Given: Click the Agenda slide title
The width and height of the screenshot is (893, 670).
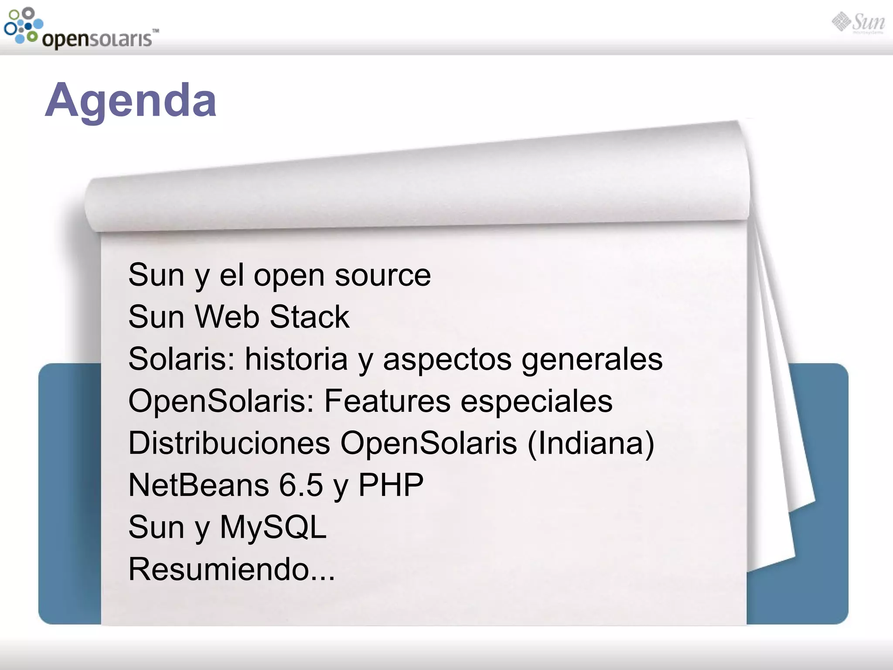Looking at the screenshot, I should (x=131, y=101).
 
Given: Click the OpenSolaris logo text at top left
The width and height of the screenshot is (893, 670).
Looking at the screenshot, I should (x=97, y=39).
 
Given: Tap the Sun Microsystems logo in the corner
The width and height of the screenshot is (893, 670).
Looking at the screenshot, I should (x=858, y=23).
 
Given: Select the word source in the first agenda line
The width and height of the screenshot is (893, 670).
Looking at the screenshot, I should (x=382, y=276).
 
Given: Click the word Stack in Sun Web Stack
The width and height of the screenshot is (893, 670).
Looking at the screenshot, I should (x=309, y=317).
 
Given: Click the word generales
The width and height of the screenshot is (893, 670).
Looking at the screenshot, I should (x=592, y=360).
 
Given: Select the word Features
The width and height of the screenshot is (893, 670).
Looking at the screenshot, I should (x=387, y=401).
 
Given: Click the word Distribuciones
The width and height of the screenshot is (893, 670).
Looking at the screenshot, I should (x=229, y=443).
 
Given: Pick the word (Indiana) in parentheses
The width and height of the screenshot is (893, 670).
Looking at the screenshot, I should (x=591, y=443).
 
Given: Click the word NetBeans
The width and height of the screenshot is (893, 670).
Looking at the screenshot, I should (x=198, y=485).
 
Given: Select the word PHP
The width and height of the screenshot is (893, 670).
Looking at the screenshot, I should (x=391, y=485).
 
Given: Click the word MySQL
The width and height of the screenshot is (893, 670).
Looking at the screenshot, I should (x=273, y=527).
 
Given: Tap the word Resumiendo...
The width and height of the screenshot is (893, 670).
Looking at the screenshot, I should (x=219, y=569).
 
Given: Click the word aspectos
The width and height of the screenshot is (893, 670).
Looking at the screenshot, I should (x=447, y=360).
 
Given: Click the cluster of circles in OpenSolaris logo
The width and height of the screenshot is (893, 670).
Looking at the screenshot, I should (x=23, y=25).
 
